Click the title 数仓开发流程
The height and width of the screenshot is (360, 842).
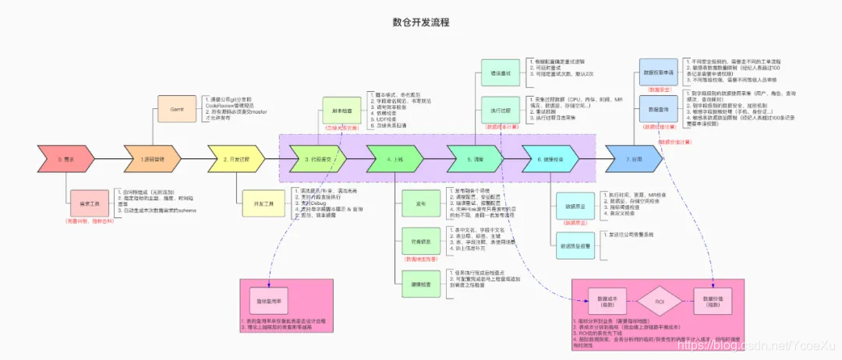pos(420,23)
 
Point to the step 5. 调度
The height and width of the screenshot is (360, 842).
pos(476,159)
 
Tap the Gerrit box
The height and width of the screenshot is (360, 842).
pos(177,108)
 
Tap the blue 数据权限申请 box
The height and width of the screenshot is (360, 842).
pos(659,70)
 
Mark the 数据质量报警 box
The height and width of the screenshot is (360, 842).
pos(576,245)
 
